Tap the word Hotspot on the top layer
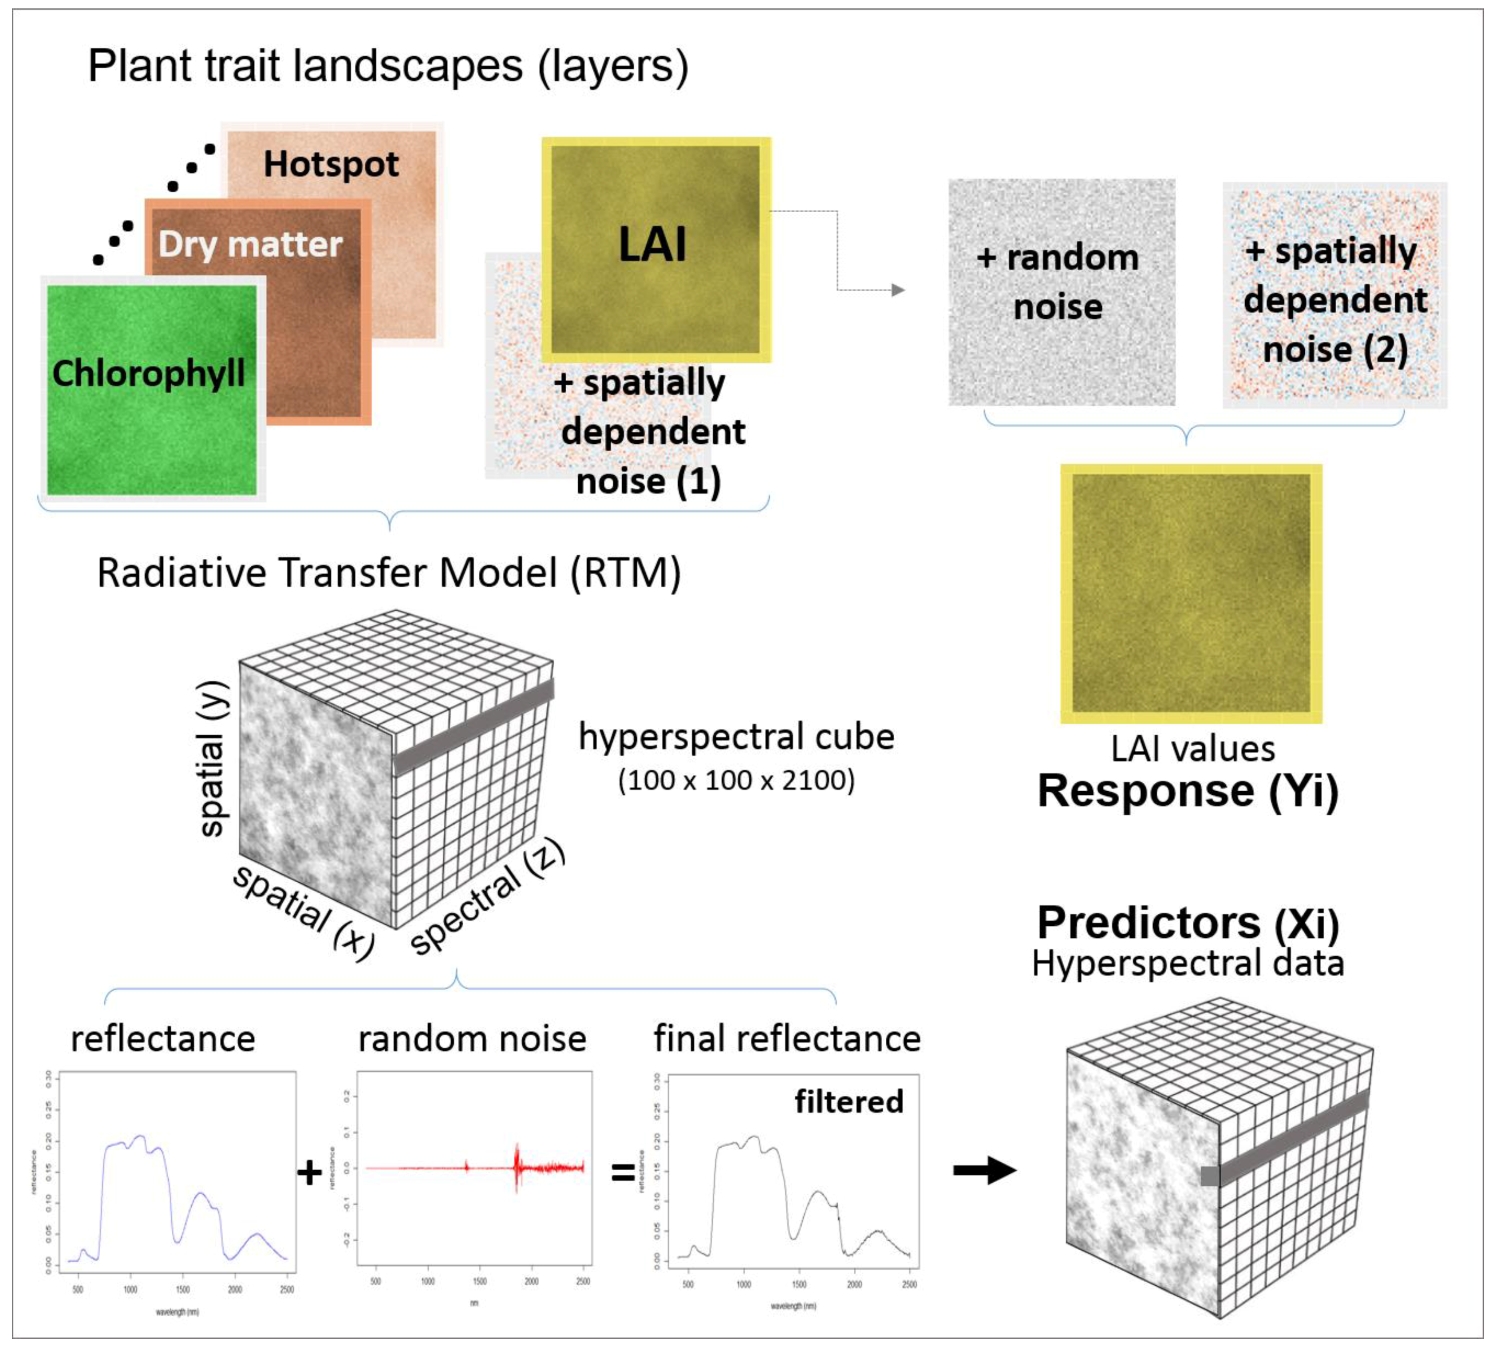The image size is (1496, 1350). pos(331,164)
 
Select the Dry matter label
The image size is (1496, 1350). pos(250,244)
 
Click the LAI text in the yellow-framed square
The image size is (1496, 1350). pos(653,245)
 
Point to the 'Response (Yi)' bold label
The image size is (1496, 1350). pos(1188,791)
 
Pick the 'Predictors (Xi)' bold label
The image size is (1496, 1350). pos(1188,923)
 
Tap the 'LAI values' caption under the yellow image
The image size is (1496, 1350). pos(1192,749)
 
